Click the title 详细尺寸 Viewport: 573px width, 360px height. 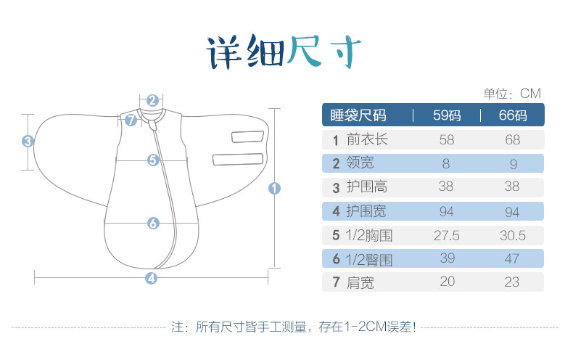tap(284, 52)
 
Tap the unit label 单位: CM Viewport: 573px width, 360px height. tap(512, 94)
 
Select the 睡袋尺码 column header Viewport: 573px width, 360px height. tap(358, 115)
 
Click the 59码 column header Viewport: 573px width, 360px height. tap(447, 115)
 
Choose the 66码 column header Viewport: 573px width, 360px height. tap(511, 115)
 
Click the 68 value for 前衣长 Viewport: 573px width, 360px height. tap(511, 139)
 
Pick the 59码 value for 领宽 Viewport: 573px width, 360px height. tap(446, 163)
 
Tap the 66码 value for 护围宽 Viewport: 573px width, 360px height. tap(511, 210)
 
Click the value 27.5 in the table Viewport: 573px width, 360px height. tap(446, 234)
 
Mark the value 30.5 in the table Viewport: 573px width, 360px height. tap(511, 234)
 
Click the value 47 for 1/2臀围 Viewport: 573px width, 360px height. tap(511, 258)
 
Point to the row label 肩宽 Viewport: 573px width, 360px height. tap(360, 282)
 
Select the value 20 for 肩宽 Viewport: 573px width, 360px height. tap(446, 282)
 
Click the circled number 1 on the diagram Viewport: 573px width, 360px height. tap(274, 188)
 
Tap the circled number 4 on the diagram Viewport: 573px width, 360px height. tap(151, 277)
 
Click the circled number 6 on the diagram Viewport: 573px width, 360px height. tap(152, 223)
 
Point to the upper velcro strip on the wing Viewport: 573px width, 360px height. tap(246, 136)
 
